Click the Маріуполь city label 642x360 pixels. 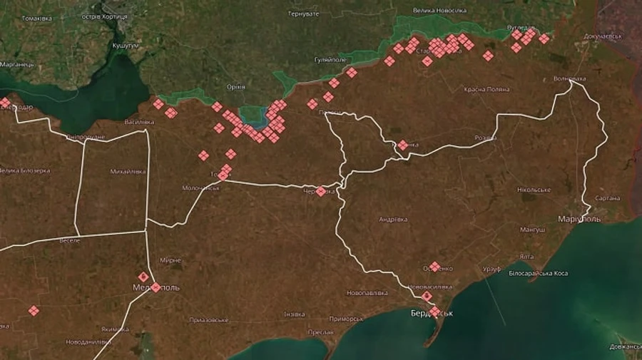[x=579, y=218]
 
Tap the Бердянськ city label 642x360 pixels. [x=432, y=314]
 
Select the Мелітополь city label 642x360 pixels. [x=156, y=288]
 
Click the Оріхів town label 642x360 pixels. [x=235, y=86]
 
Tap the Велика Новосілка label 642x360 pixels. [x=439, y=10]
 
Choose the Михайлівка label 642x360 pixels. [x=128, y=171]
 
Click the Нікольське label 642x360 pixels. [x=534, y=190]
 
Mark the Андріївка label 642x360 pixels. [x=393, y=219]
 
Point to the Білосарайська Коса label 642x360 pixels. [x=539, y=273]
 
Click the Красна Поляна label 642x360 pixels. [x=486, y=89]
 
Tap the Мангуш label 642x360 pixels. [x=533, y=230]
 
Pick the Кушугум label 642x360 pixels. [x=124, y=45]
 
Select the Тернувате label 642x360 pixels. [x=303, y=14]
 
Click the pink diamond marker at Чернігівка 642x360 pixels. [x=321, y=191]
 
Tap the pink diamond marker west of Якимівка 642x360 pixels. [x=34, y=310]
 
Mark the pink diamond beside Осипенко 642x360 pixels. [x=434, y=266]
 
